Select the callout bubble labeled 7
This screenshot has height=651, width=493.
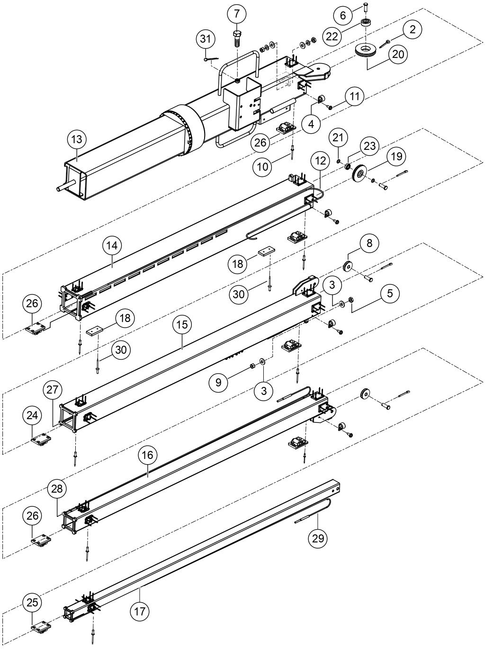[237, 14]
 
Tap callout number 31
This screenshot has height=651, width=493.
[206, 39]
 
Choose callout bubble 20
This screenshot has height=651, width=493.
[398, 54]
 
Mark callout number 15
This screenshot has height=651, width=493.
[183, 325]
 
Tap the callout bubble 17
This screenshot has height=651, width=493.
[140, 611]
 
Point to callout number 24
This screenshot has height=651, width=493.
[33, 415]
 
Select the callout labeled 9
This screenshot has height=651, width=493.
[218, 382]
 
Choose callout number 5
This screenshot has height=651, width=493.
[390, 293]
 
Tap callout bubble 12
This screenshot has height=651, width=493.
[321, 161]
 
